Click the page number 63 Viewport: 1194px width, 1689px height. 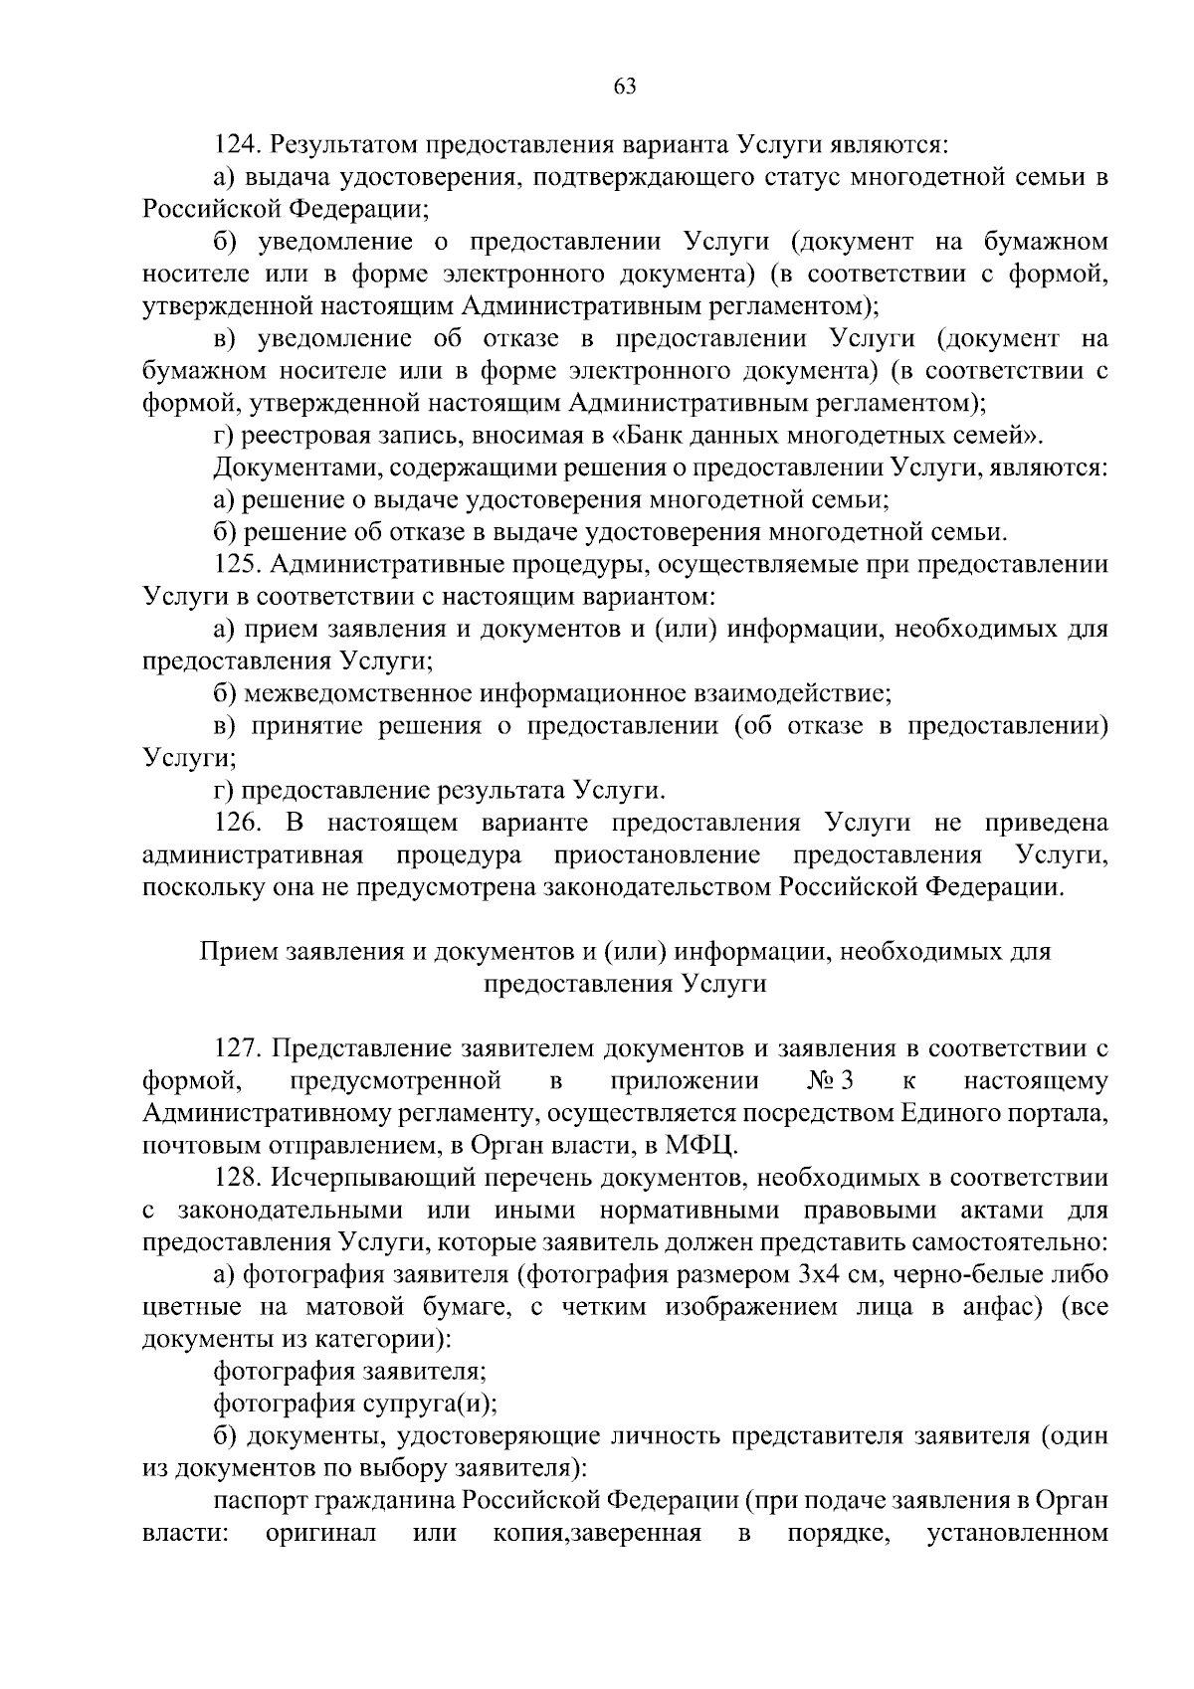624,86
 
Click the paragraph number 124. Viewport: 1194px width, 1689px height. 238,145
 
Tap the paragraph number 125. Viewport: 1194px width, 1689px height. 238,565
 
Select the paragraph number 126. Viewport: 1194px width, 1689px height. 238,824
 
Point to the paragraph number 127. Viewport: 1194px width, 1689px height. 238,1048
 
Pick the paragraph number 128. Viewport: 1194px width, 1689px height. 238,1178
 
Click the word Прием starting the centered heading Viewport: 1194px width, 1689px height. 239,952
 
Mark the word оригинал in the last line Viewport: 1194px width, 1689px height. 320,1533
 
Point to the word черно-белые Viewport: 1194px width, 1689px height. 956,1275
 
